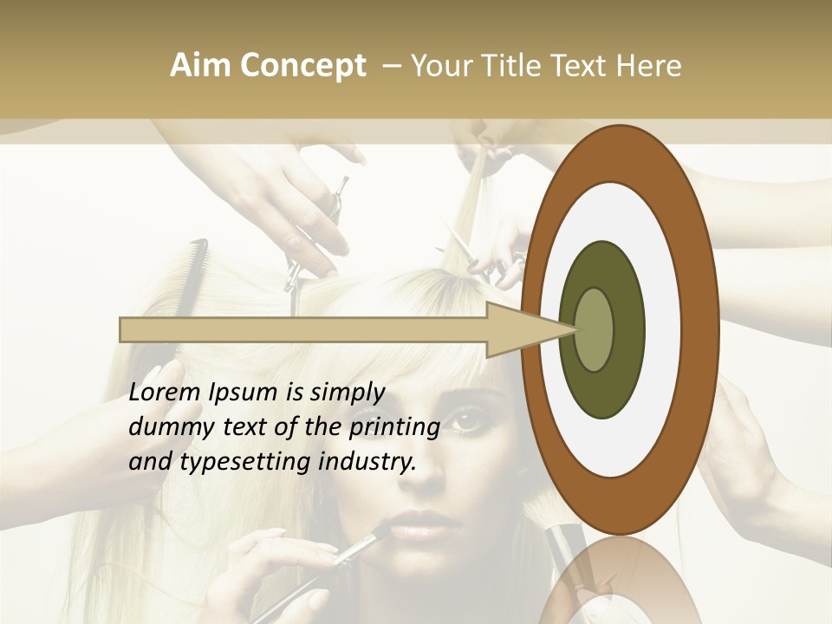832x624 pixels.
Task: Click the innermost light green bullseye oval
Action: [x=595, y=329]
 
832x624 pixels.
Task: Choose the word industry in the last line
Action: [x=367, y=461]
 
